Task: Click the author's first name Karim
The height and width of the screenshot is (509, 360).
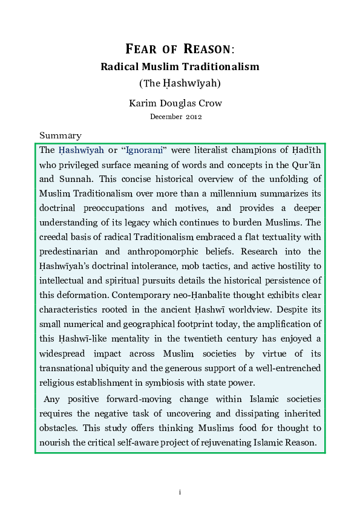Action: tap(143, 103)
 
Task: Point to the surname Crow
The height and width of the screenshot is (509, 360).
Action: tap(211, 103)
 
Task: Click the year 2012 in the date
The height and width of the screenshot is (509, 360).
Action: tap(194, 117)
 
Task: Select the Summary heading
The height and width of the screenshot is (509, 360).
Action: tap(60, 135)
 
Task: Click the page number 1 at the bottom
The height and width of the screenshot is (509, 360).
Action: tap(180, 493)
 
